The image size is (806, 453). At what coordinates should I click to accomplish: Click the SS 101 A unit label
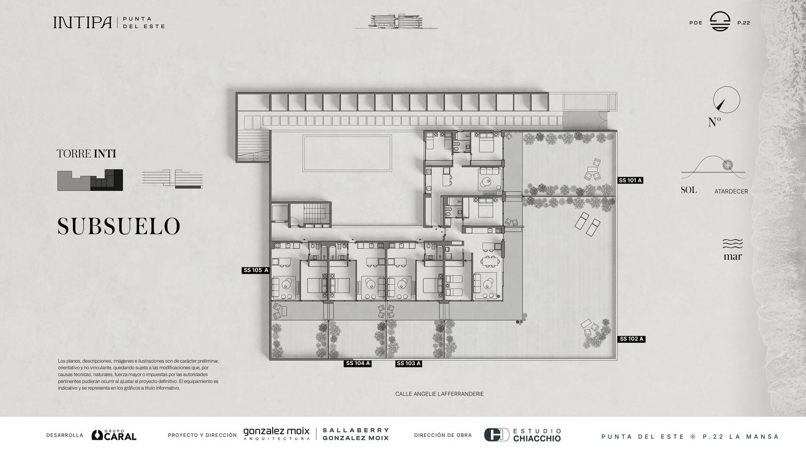pos(630,180)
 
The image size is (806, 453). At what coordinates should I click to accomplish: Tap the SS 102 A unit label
pos(632,339)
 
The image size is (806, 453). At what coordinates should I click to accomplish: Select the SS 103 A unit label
pos(409,363)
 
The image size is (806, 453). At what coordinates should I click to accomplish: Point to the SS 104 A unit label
pos(358,363)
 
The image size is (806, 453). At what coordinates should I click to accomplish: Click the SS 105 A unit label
pos(256,270)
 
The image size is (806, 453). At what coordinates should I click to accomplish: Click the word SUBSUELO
pos(119,226)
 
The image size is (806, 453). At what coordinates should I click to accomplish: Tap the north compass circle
pos(727,100)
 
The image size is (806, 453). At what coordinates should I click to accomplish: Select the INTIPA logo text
pos(83,22)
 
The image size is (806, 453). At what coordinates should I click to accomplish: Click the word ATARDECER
pos(731,192)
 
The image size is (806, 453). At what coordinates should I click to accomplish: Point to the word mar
pos(732,257)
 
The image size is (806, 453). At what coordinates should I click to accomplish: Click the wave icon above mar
pos(732,244)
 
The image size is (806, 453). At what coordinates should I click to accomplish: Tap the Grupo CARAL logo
pos(114,435)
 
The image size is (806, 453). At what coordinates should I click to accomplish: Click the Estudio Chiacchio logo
pos(522,435)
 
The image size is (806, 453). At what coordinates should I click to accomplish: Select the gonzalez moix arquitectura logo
pos(277,433)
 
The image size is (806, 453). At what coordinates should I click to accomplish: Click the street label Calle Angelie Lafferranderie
pos(439,394)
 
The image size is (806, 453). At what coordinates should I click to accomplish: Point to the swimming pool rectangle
pos(347,153)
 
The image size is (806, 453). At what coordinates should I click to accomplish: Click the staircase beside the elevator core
pos(317,214)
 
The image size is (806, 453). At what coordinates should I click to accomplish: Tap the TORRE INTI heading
pos(86,154)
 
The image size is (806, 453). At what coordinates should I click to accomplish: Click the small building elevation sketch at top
pos(397,21)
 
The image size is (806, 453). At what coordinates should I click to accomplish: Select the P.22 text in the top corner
pos(744,23)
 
